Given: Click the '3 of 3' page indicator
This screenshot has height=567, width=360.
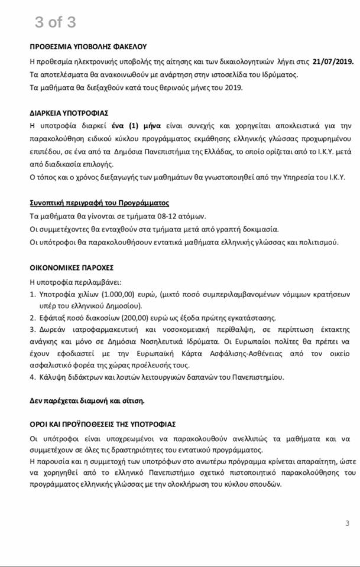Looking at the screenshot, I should pyautogui.click(x=55, y=22).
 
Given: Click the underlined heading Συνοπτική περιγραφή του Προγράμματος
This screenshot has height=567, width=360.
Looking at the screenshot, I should pyautogui.click(x=99, y=202).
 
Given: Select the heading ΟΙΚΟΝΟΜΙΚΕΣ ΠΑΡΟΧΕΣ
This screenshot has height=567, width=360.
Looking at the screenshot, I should pyautogui.click(x=73, y=267).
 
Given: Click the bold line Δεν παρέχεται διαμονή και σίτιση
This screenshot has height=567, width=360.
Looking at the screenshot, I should pyautogui.click(x=87, y=400).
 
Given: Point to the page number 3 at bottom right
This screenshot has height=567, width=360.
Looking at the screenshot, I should pyautogui.click(x=348, y=523).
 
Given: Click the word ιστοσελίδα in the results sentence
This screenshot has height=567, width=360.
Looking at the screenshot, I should pyautogui.click(x=228, y=74).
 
